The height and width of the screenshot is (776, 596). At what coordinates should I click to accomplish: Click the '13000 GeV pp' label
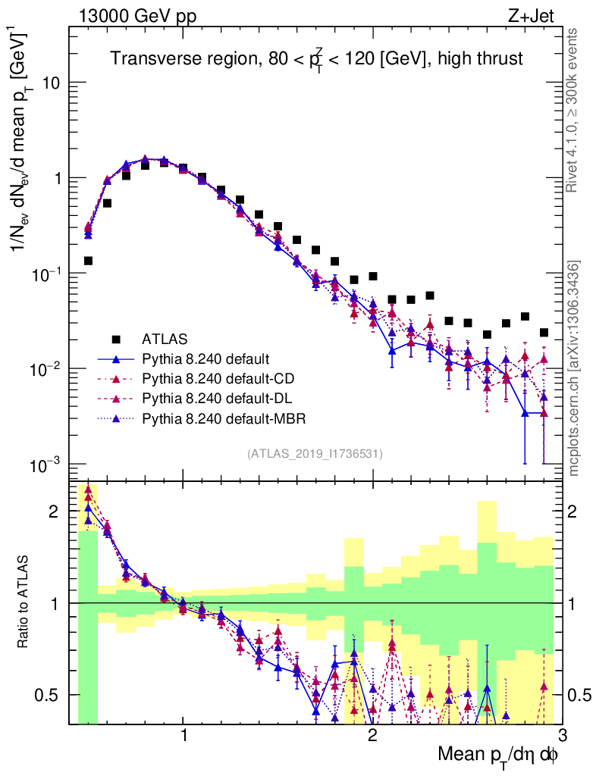[x=136, y=16]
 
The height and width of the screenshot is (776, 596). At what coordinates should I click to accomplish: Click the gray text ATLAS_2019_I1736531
[x=315, y=454]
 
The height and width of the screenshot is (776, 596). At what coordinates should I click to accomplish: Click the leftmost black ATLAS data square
[x=88, y=261]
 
